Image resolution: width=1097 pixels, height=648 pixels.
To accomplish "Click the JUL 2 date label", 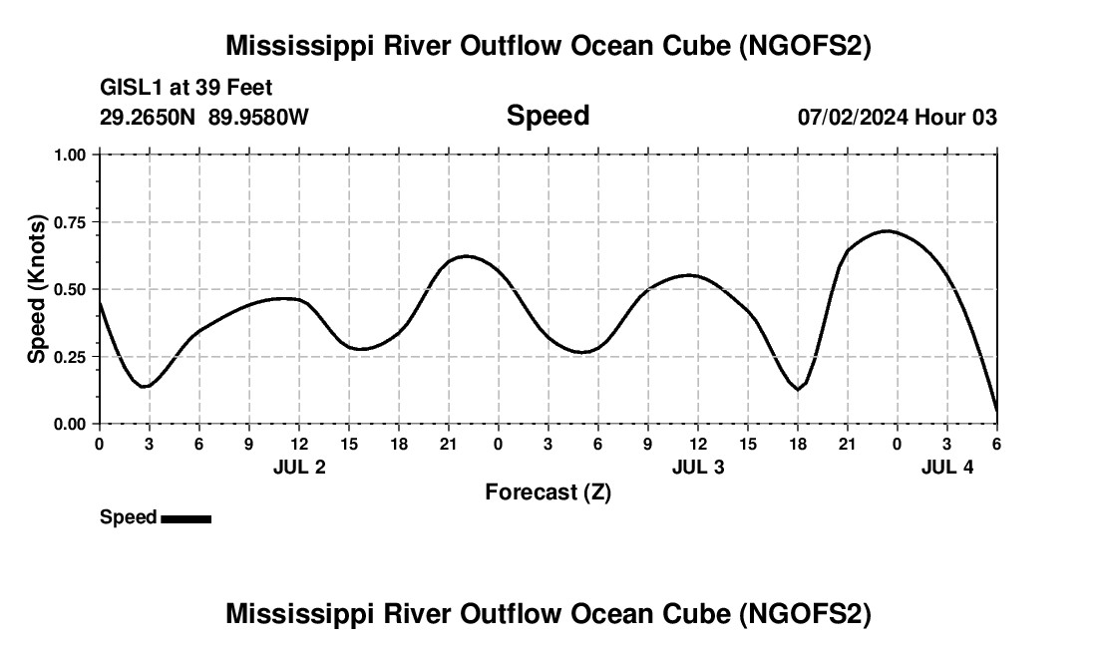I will point(299,467).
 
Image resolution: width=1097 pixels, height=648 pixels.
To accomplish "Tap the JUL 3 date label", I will point(698,467).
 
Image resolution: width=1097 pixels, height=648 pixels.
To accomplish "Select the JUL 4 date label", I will point(947,467).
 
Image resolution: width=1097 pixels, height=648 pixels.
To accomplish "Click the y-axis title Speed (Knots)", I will point(37,289).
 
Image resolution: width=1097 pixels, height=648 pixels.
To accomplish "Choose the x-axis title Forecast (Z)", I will point(548,491).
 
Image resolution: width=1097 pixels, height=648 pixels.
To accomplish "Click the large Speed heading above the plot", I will point(548,116).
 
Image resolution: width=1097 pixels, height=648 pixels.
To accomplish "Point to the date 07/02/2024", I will point(853,118).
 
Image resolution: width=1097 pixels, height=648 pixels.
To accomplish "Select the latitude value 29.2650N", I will point(150,118).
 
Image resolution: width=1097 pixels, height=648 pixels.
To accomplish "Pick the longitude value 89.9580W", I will point(259,118).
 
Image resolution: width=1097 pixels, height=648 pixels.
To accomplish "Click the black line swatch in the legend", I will point(185,518).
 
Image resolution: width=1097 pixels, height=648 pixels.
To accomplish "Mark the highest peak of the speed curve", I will point(887,231).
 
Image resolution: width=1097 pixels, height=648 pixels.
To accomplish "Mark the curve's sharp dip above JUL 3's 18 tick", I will point(799,389).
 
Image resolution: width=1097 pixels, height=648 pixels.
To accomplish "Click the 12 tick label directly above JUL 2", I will point(299,444).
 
